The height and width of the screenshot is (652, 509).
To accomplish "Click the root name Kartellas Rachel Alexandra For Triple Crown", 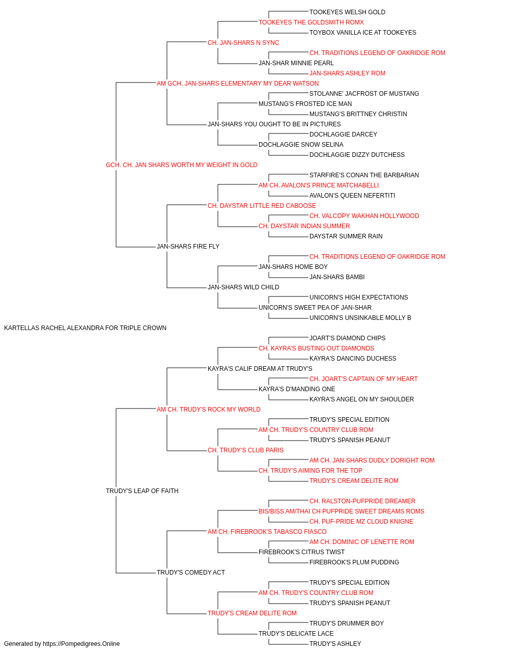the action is (85, 328).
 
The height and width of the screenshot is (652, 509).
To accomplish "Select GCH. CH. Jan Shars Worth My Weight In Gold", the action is (181, 165).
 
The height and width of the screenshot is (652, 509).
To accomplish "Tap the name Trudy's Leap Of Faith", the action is (142, 491).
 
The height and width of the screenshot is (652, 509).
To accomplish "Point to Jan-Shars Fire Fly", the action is (188, 247).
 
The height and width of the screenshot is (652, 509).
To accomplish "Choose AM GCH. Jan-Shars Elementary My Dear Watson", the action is (238, 84).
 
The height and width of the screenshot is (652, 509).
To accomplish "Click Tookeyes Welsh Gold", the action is (347, 12).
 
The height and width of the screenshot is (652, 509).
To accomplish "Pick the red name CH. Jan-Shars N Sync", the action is (243, 43).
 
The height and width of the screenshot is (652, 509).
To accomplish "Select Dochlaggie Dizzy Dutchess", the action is (357, 155).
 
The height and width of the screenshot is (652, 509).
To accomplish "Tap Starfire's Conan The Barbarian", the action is (364, 175).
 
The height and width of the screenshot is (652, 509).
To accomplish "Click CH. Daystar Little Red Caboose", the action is (262, 206).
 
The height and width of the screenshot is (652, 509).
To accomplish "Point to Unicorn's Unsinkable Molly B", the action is (360, 318).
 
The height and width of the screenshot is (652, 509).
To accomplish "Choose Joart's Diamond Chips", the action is (347, 338).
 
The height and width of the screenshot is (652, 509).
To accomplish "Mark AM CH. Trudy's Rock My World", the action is (208, 410).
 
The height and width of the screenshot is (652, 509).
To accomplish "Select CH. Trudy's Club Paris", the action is (245, 450).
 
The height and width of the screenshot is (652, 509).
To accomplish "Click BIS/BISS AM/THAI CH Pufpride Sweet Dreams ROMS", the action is (341, 511).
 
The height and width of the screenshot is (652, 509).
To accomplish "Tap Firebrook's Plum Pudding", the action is (354, 562).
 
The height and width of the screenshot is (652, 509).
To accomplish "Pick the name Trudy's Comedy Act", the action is (191, 573).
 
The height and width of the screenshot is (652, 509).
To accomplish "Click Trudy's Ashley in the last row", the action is (335, 644).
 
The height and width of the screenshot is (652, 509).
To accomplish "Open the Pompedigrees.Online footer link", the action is (81, 644).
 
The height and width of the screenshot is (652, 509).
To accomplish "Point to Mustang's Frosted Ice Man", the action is (305, 104).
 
